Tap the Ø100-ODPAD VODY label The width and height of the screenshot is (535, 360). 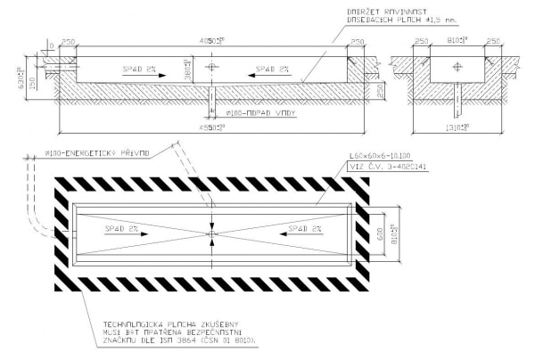(x=254, y=113)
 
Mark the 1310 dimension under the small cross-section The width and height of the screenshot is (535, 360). (x=457, y=127)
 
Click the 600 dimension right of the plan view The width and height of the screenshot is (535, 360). (x=382, y=235)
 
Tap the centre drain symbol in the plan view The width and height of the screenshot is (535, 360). (x=210, y=235)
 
